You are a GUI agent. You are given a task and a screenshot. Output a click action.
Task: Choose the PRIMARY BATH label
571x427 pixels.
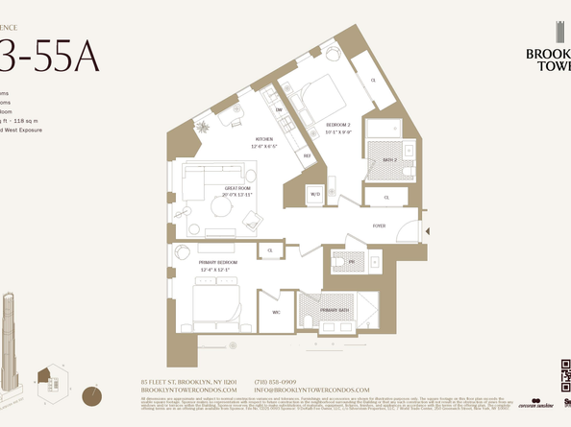tap(335, 311)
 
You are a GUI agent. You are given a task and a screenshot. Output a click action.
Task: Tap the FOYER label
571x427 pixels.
tap(380, 225)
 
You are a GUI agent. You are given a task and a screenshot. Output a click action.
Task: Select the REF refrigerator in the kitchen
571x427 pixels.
tap(307, 154)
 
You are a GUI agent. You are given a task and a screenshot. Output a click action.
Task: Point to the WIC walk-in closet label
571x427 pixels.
tap(276, 311)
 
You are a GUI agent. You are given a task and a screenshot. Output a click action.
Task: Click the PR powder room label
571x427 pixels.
tap(352, 260)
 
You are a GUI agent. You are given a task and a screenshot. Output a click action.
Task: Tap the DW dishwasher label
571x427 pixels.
tap(278, 109)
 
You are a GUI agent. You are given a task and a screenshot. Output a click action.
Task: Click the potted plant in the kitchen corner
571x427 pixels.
tap(204, 127)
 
